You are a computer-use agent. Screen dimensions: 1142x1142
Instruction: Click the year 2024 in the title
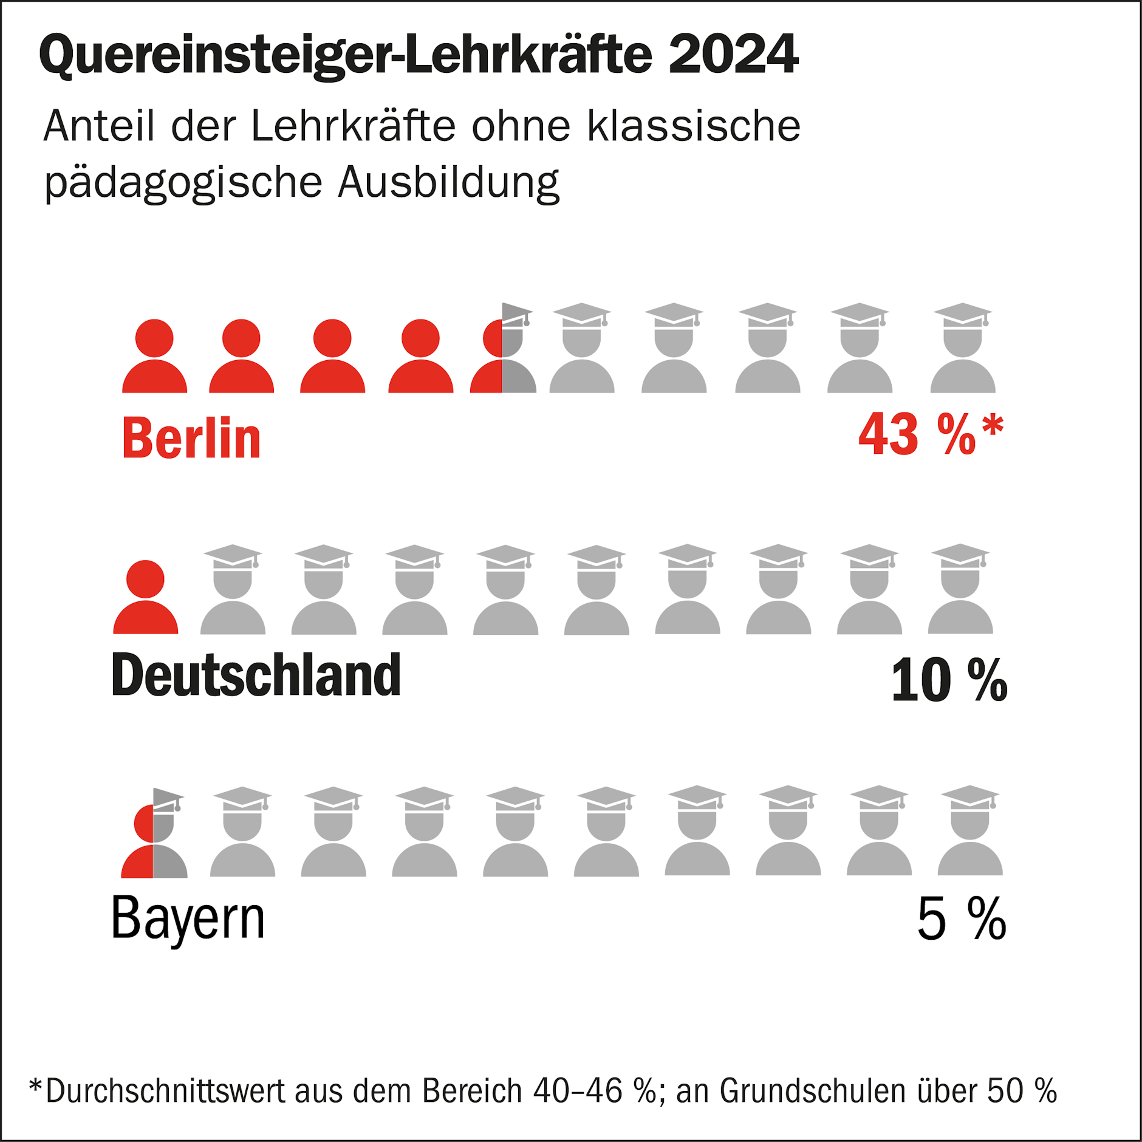tap(733, 55)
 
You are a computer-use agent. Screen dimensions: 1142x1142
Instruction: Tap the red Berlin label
tap(191, 438)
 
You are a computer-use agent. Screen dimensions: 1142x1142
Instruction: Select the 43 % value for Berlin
tap(917, 434)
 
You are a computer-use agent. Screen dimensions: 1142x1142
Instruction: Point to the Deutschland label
tap(256, 675)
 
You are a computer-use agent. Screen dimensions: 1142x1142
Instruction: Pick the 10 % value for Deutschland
tap(948, 680)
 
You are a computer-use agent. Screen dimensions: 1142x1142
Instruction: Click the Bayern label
tap(188, 918)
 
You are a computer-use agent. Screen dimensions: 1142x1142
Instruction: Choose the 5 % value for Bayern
tap(961, 919)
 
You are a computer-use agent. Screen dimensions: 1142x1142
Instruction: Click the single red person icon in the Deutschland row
tap(146, 598)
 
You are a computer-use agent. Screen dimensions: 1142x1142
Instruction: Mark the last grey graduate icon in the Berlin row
tap(963, 349)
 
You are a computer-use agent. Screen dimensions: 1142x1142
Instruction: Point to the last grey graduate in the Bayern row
tap(969, 832)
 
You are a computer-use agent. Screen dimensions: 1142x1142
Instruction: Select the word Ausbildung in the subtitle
tap(448, 182)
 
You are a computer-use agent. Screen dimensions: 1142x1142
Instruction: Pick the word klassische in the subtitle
tap(694, 126)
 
